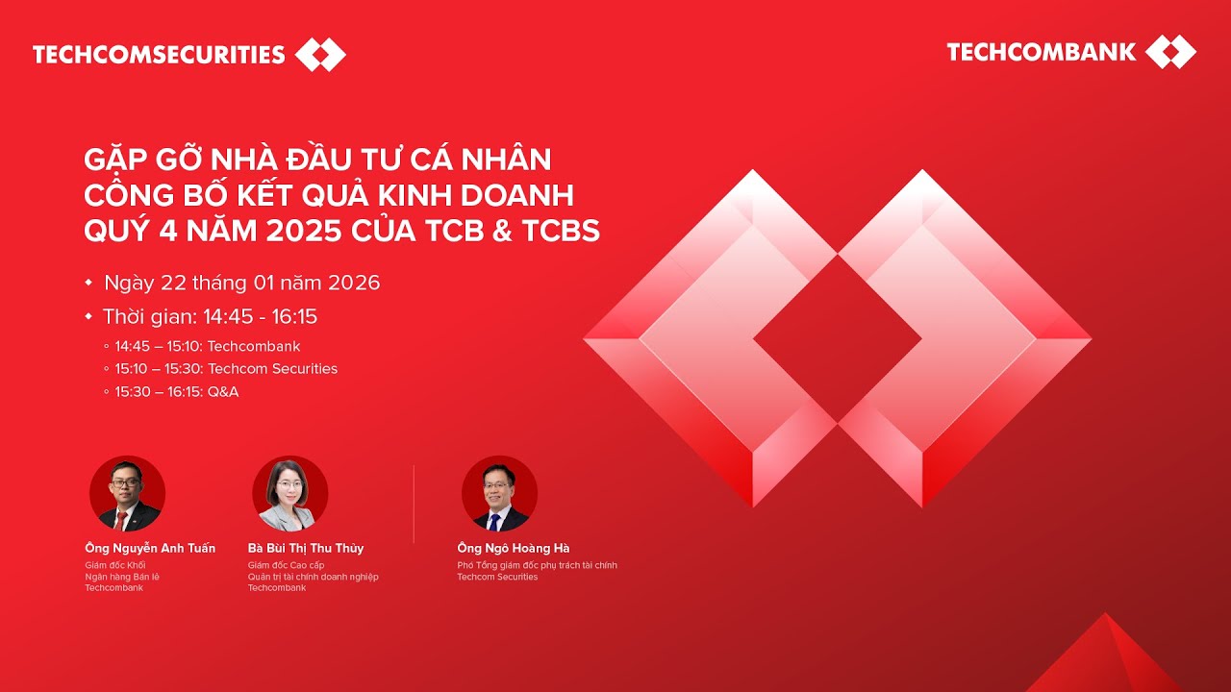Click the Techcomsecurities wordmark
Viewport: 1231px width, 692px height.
[159, 55]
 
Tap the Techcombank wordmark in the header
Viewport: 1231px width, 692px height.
[1042, 52]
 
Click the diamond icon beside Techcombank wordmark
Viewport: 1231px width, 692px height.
[1170, 52]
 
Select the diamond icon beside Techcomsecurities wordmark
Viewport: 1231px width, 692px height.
[320, 55]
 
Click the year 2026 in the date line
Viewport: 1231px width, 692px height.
[354, 283]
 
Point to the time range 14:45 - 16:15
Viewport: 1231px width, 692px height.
[260, 316]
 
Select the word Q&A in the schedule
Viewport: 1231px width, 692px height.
[223, 391]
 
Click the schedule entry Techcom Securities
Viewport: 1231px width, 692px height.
[272, 368]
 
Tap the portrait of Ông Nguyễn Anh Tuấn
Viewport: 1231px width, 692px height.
[127, 494]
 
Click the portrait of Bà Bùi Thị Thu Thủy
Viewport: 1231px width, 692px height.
[290, 494]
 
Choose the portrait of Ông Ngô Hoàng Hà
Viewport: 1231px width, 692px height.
[499, 494]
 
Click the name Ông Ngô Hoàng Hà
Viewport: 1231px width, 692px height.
[514, 548]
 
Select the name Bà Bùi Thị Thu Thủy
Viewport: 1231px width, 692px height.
[306, 548]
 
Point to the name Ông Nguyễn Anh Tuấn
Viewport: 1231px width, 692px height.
[150, 548]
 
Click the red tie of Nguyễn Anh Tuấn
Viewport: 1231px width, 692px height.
[121, 520]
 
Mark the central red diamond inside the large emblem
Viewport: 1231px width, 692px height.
[838, 338]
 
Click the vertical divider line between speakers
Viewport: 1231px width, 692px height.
[414, 504]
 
